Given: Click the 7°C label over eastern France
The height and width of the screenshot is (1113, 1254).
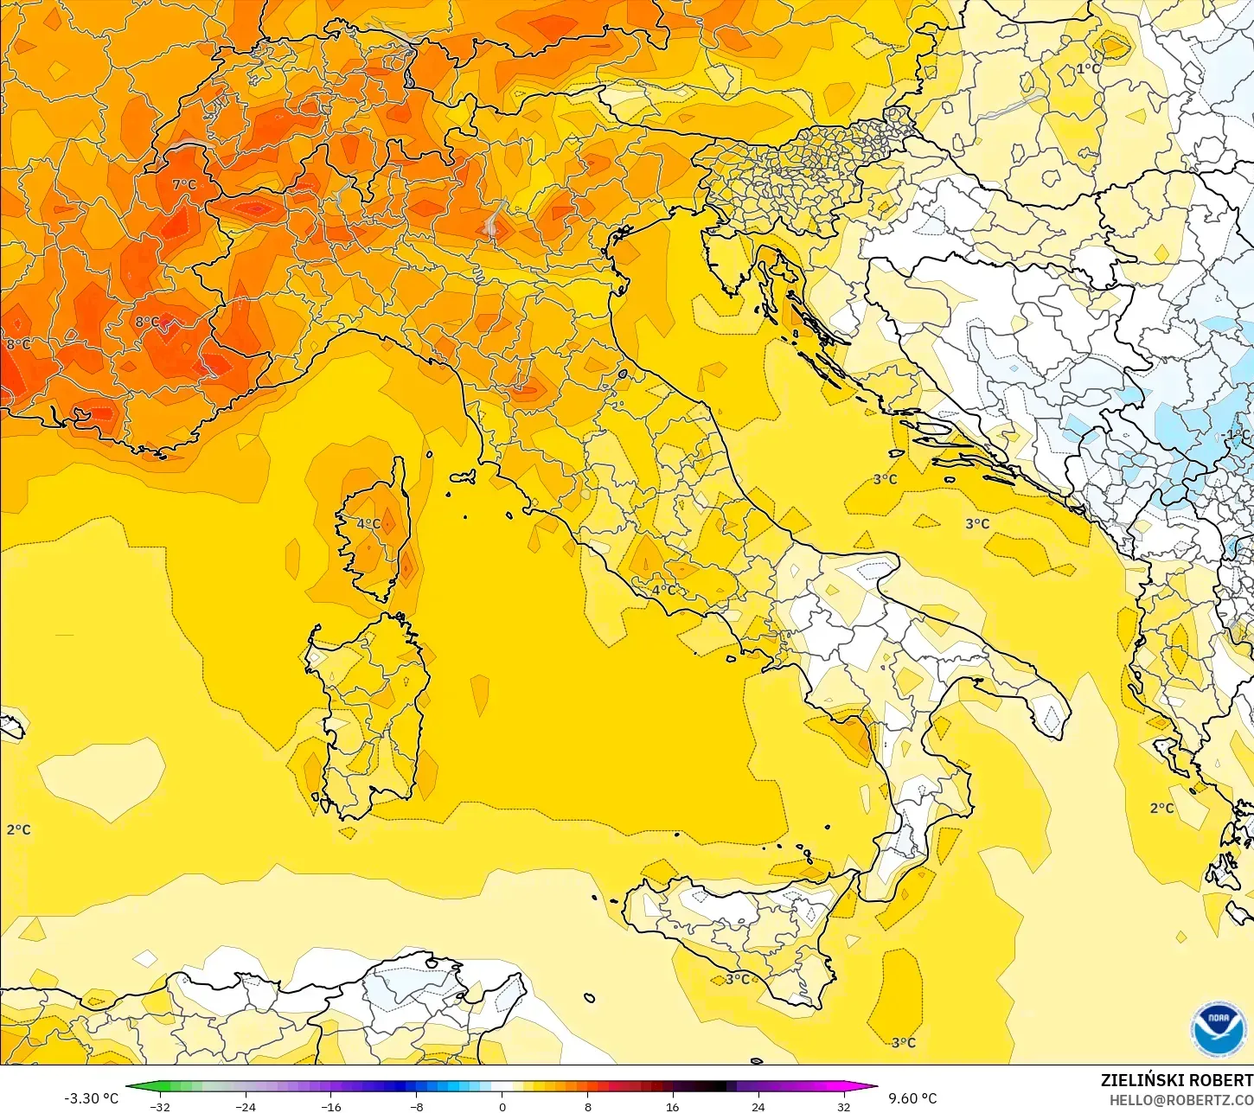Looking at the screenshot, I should click(184, 184).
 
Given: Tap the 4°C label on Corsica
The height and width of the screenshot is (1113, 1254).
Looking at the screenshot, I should click(368, 523).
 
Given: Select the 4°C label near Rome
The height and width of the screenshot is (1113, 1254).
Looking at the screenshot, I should click(663, 590).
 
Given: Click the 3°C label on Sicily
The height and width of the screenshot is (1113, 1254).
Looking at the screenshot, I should click(737, 979).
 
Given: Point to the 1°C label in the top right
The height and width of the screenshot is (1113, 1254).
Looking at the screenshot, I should click(1088, 68).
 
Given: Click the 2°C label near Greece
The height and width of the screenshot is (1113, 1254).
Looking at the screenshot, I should click(1161, 808).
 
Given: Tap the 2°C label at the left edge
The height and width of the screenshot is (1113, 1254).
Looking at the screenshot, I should click(18, 829).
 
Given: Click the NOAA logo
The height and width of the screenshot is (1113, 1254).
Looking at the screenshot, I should click(1218, 1029).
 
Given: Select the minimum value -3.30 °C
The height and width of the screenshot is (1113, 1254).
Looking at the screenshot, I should click(91, 1098).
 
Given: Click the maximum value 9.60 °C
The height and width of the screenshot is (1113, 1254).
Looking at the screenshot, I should click(912, 1098).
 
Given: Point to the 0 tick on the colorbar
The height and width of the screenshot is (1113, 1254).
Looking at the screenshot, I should click(502, 1107).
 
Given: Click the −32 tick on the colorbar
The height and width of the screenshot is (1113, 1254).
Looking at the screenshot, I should click(159, 1107).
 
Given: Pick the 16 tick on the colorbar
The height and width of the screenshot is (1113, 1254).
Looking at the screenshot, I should click(672, 1107).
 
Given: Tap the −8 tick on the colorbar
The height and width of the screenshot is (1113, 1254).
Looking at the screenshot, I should click(416, 1107).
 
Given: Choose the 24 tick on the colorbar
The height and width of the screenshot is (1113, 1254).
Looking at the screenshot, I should click(758, 1107).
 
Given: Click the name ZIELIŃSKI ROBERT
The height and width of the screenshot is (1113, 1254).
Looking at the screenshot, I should click(1176, 1080).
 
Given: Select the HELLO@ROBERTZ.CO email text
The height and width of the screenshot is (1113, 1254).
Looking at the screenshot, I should click(1181, 1099).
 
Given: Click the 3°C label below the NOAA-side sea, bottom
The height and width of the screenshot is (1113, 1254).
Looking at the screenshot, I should click(903, 1042).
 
